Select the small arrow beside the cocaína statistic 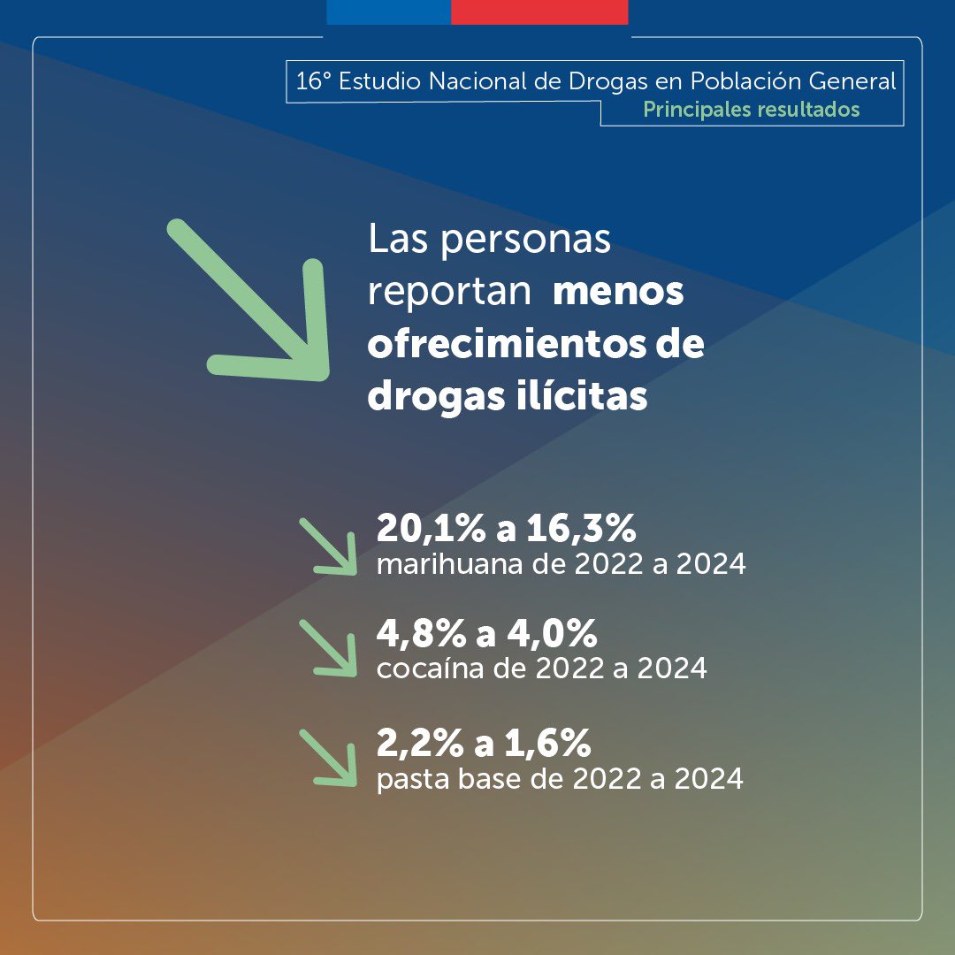[x=329, y=648]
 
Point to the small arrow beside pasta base [x=329, y=758]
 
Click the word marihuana [x=447, y=564]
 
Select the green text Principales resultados [x=751, y=110]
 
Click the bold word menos [x=618, y=293]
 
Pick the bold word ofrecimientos [x=500, y=345]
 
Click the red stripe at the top [x=539, y=11]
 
